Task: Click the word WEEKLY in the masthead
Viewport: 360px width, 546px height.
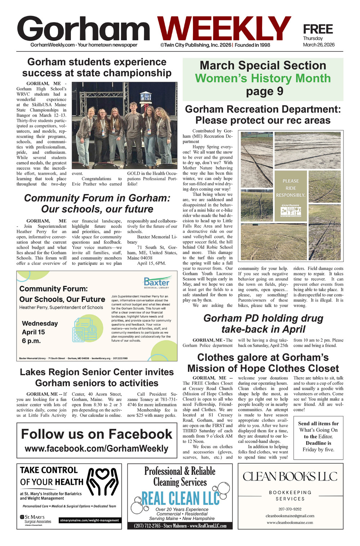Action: pyautogui.click(x=224, y=30)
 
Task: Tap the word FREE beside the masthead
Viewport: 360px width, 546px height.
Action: pyautogui.click(x=318, y=29)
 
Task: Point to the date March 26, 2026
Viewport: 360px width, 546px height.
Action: pyautogui.click(x=319, y=45)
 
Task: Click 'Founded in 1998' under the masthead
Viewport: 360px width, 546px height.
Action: pyautogui.click(x=252, y=45)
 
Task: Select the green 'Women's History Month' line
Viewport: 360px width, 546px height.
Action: pyautogui.click(x=263, y=78)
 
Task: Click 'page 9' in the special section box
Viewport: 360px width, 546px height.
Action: pyautogui.click(x=264, y=91)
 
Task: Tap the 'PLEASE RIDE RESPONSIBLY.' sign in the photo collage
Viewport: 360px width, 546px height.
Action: pyautogui.click(x=291, y=188)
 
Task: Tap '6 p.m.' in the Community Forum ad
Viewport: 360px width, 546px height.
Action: pyautogui.click(x=31, y=341)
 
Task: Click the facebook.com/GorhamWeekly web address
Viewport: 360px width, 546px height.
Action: pyautogui.click(x=96, y=448)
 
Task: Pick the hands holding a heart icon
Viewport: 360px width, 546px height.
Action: pyautogui.click(x=103, y=481)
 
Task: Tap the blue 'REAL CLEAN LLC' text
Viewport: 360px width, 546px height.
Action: pyautogui.click(x=180, y=498)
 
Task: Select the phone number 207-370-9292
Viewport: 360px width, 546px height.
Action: pyautogui.click(x=290, y=509)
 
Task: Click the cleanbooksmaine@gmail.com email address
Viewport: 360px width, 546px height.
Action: pyautogui.click(x=290, y=516)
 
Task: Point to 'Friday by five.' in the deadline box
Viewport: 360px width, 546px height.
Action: pyautogui.click(x=318, y=450)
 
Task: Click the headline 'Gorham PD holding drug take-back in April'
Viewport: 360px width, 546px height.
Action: pyautogui.click(x=263, y=324)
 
